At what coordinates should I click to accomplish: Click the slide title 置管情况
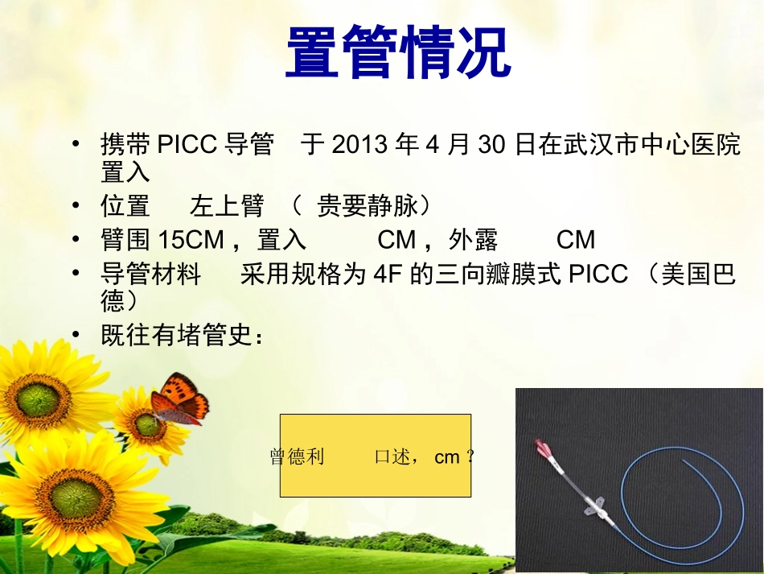[398, 52]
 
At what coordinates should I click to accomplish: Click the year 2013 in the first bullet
[359, 146]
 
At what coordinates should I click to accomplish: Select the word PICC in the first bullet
[187, 146]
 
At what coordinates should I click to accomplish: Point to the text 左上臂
[227, 207]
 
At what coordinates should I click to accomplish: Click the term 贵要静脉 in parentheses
[368, 207]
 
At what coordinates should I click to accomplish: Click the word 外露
[474, 240]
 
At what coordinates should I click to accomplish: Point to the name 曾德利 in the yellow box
[298, 457]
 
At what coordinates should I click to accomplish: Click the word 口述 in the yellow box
[392, 457]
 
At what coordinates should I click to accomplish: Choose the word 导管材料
[150, 275]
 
